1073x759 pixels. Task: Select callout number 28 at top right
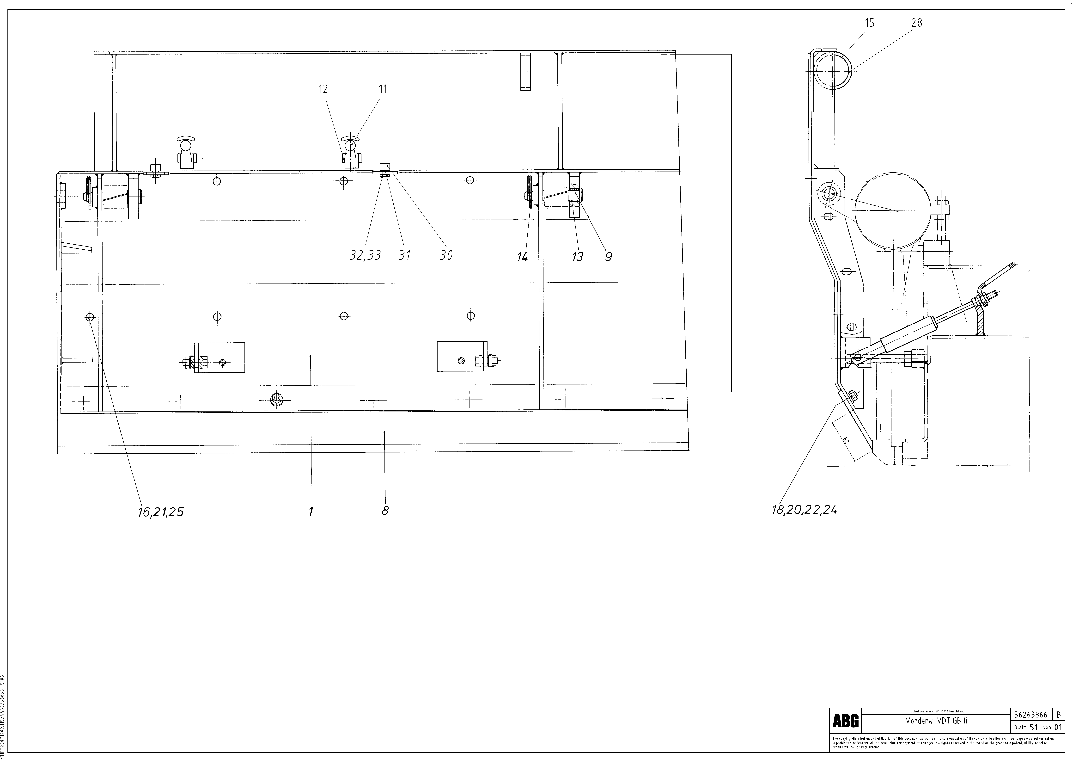916,22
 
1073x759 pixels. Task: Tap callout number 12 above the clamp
323,89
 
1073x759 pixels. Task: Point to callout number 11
383,89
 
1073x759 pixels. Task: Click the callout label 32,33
365,255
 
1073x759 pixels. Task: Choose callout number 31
404,255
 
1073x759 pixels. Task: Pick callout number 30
446,255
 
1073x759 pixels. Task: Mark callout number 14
523,257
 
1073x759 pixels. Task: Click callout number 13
578,257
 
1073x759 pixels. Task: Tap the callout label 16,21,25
160,512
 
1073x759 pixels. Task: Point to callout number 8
385,511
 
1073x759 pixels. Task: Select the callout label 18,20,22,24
804,510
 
